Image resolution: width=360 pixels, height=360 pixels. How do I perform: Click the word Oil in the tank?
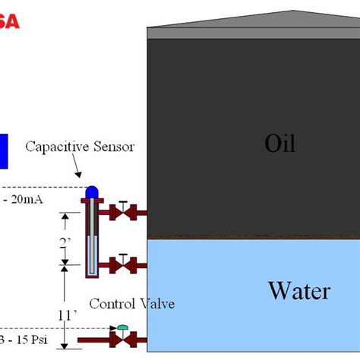pyautogui.click(x=279, y=143)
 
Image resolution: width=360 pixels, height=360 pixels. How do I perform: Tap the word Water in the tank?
pyautogui.click(x=298, y=290)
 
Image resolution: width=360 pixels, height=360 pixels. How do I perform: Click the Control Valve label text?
pyautogui.click(x=131, y=304)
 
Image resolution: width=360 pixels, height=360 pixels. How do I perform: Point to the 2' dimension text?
pyautogui.click(x=67, y=243)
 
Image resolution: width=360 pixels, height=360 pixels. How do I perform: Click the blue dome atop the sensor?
pyautogui.click(x=91, y=191)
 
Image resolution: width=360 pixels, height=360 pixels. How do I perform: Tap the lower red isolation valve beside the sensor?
pyautogui.click(x=122, y=264)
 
